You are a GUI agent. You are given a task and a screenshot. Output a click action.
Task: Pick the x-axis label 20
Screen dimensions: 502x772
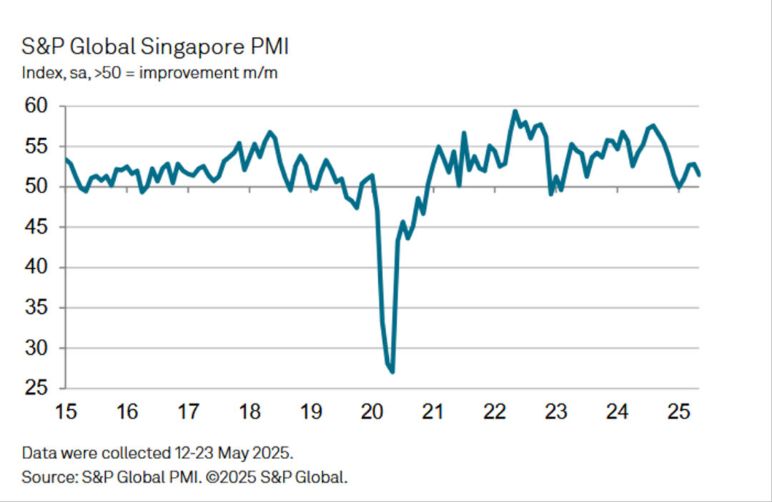point(372,413)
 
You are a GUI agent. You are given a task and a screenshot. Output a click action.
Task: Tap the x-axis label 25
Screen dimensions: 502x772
point(678,413)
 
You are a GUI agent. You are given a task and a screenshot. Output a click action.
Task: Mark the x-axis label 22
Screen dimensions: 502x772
point(495,413)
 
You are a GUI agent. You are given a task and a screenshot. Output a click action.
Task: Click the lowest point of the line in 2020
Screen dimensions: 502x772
point(392,372)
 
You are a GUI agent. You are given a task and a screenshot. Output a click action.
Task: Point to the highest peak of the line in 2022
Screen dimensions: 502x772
point(515,111)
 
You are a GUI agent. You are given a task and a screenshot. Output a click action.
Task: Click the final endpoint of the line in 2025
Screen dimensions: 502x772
point(699,174)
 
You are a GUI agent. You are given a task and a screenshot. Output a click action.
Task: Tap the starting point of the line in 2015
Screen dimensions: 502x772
point(65,159)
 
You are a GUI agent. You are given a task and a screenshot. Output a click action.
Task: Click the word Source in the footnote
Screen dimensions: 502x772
point(45,477)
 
